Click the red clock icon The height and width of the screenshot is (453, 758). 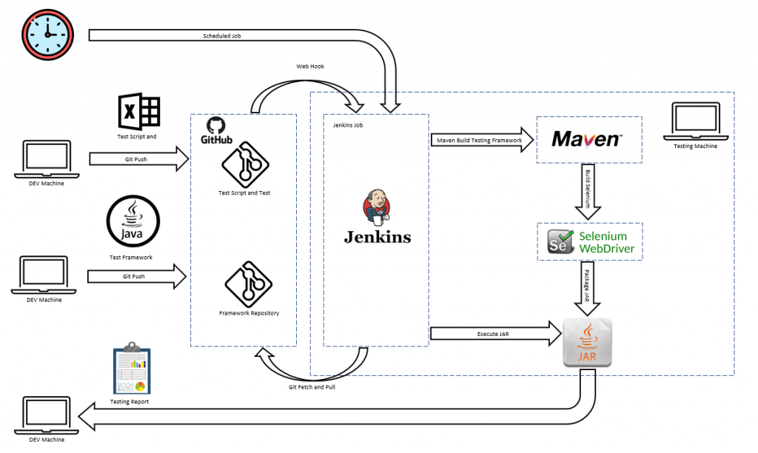pos(48,34)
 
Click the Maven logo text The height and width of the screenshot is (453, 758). pos(587,138)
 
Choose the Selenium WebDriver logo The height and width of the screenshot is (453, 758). pos(590,242)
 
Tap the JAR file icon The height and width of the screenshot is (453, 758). pos(588,342)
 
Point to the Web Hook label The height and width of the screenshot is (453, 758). pos(310,67)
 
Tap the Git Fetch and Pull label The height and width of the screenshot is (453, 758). pos(312,386)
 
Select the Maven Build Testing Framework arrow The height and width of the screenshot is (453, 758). pos(480,140)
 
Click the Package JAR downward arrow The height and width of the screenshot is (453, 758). pos(588,289)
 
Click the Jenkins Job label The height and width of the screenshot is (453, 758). pos(348,125)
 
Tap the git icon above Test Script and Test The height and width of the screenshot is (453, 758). pos(244,165)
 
